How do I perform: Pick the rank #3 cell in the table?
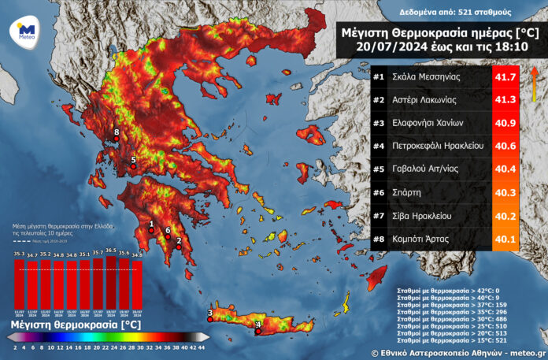(378, 124)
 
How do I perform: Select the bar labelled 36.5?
(110, 280)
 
